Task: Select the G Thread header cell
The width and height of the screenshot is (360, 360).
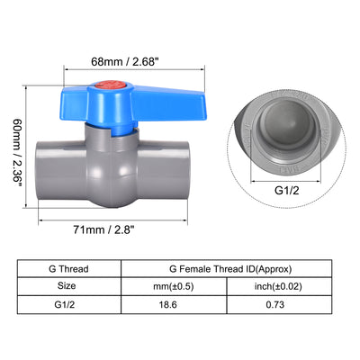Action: click(x=68, y=268)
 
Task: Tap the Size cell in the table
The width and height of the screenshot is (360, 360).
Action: click(x=68, y=287)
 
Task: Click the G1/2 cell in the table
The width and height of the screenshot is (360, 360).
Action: click(x=68, y=307)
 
